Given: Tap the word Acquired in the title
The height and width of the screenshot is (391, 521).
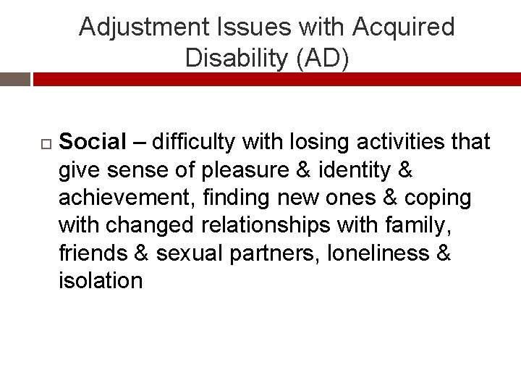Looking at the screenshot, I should (404, 28).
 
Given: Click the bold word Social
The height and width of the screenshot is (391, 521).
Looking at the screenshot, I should (93, 142).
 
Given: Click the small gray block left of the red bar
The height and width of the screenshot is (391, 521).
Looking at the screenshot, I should (14, 80).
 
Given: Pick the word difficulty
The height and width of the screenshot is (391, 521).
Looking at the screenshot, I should (193, 142).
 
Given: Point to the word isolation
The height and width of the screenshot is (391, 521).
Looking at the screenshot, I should (101, 281).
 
